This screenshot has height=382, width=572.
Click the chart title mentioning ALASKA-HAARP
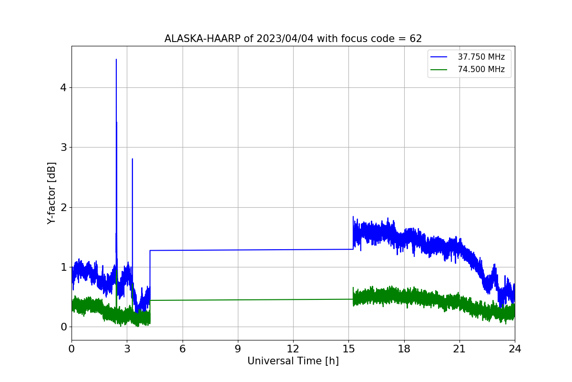click(293, 39)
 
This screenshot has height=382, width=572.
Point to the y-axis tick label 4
click(63, 88)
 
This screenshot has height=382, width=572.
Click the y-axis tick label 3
click(63, 148)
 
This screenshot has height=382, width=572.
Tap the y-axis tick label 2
click(63, 207)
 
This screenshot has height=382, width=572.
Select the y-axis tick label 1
click(63, 267)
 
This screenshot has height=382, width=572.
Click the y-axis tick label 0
click(63, 327)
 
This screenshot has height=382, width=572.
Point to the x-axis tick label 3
click(127, 349)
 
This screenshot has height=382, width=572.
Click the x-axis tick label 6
click(183, 349)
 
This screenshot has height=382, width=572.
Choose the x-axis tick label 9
click(238, 349)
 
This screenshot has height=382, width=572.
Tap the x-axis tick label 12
click(293, 349)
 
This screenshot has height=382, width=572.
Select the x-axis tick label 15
click(349, 349)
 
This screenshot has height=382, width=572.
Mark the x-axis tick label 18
click(404, 349)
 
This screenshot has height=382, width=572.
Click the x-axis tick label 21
click(460, 349)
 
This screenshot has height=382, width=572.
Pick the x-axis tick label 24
click(515, 349)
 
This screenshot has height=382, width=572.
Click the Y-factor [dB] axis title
click(51, 193)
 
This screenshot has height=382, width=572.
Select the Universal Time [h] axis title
click(293, 361)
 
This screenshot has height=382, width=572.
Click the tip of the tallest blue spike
click(116, 59)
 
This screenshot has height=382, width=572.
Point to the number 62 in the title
click(416, 39)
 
